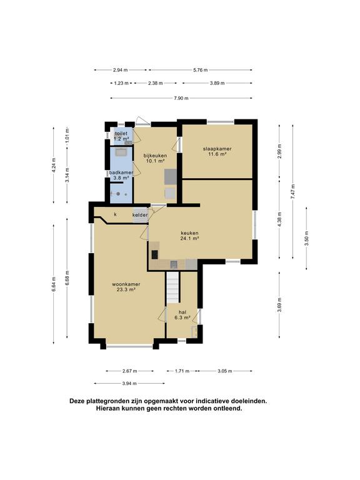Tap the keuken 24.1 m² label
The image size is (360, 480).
point(189,236)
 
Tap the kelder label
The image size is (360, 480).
point(140,215)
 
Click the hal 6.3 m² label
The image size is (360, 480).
point(182,315)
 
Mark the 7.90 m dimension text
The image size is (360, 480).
point(181,98)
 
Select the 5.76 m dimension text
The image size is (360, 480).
point(201,70)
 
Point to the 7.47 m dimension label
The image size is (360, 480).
point(292,192)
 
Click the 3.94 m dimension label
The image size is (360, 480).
point(129,383)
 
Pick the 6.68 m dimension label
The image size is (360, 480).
point(67,278)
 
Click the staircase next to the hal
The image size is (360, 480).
point(172,287)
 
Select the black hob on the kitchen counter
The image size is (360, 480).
point(155,254)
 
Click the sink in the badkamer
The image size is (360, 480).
point(121,151)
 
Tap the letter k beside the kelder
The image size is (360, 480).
point(115,214)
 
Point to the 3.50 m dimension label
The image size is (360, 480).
point(307,237)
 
